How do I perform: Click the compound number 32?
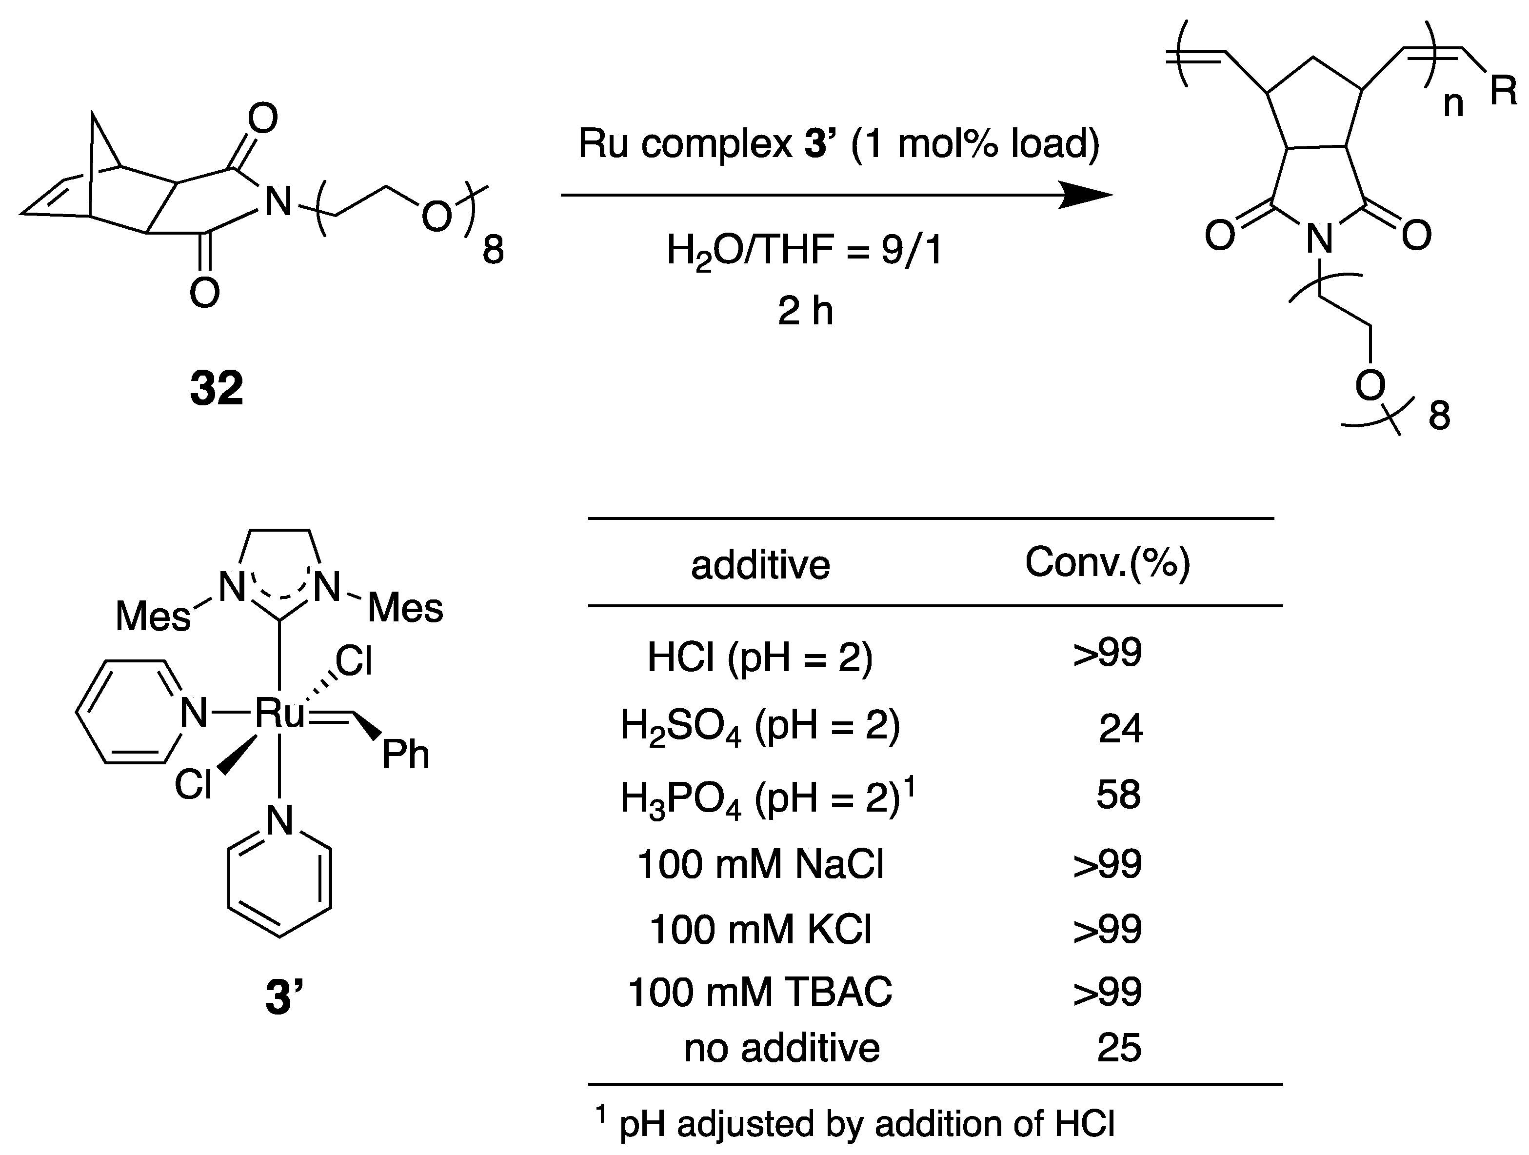click(217, 388)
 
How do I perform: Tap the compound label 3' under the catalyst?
click(284, 997)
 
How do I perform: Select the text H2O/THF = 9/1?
click(805, 250)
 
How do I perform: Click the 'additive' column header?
click(760, 565)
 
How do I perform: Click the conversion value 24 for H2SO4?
click(1120, 729)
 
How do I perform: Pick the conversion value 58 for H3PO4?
click(1118, 795)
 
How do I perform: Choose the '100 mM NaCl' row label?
click(760, 864)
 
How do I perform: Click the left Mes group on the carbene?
click(153, 616)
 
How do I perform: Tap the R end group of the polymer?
click(1503, 91)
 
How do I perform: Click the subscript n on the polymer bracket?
click(1454, 104)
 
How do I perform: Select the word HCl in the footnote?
click(1085, 1124)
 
